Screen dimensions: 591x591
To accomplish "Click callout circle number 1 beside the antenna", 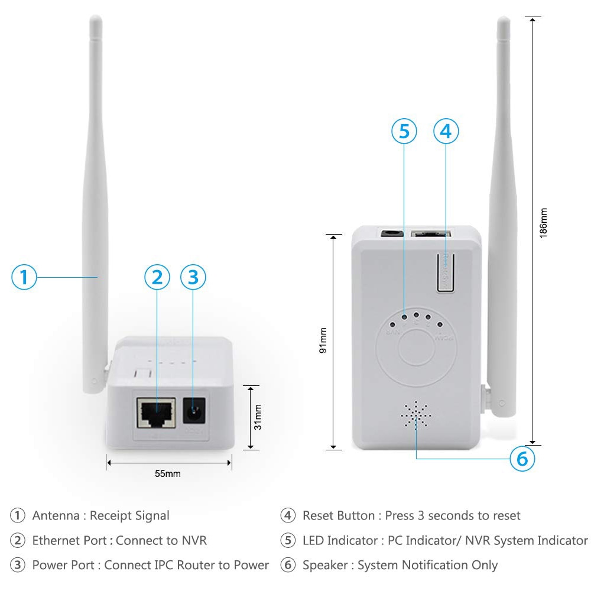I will (24, 277).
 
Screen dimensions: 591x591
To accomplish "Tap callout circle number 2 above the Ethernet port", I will (157, 277).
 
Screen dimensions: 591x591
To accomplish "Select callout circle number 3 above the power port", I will (194, 277).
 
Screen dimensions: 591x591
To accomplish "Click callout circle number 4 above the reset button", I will (446, 131).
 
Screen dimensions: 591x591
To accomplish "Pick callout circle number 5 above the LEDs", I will (404, 131).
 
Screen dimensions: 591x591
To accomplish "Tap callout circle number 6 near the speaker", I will (522, 459).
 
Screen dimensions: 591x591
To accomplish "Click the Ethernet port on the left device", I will (155, 412).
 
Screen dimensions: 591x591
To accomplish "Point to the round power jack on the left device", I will (193, 411).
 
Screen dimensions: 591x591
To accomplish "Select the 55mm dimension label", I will (168, 473).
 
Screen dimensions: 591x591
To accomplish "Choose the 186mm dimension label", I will (543, 222).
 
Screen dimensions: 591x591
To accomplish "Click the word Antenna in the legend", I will (56, 515).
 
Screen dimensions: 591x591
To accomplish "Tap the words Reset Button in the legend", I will (339, 515).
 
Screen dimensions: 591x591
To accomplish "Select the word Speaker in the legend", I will (325, 565).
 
